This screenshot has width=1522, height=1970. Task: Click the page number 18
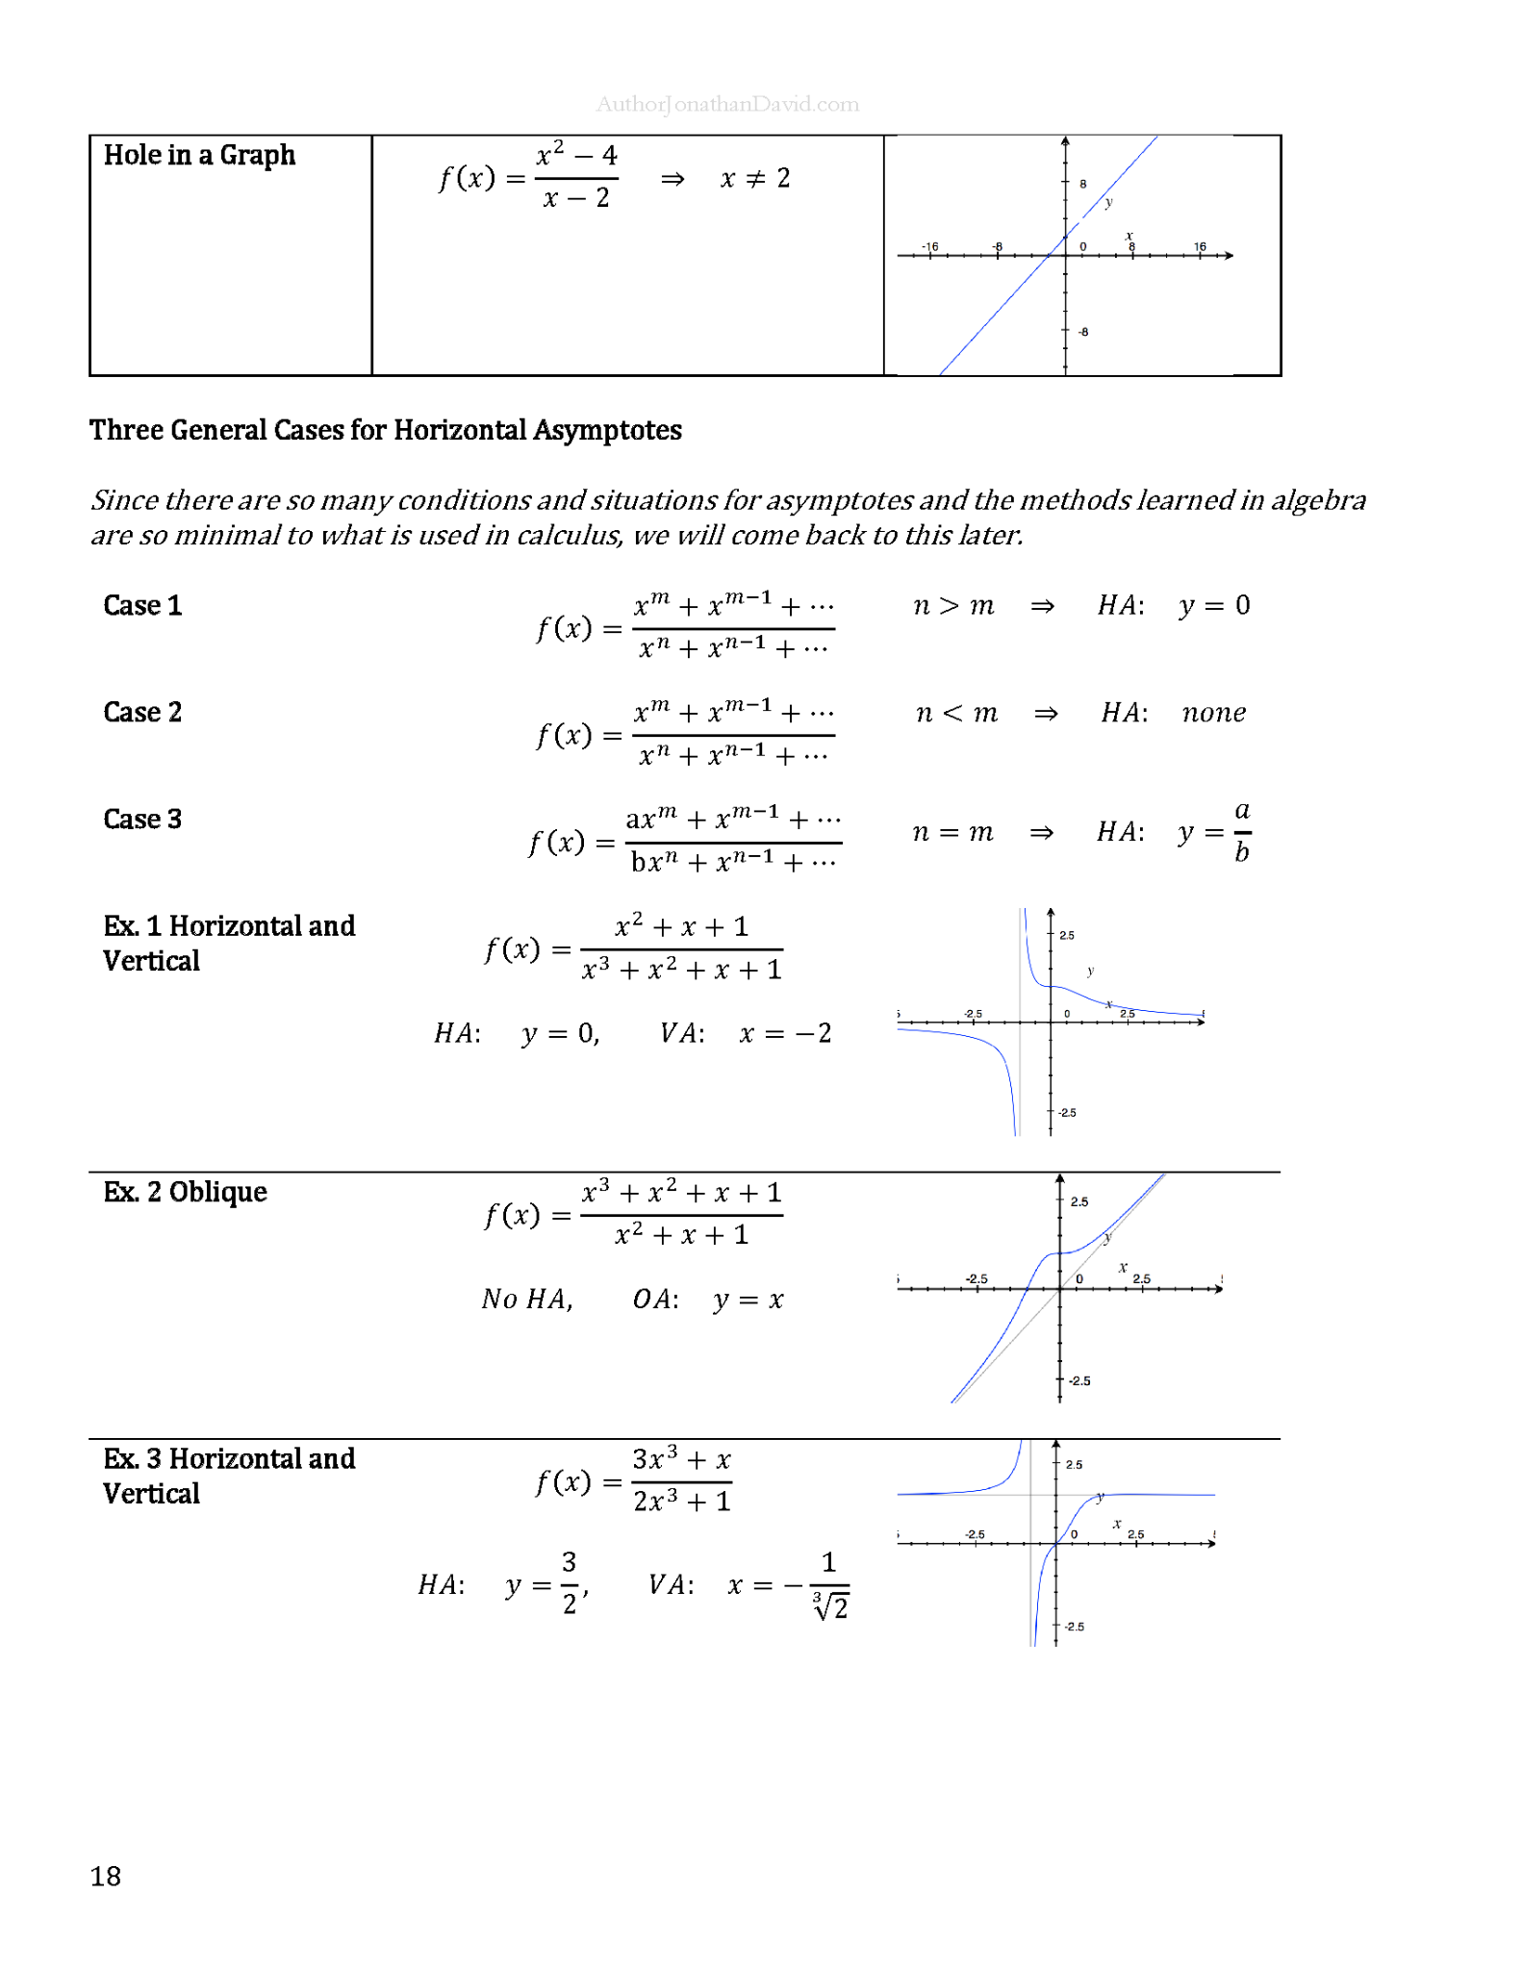coord(106,1876)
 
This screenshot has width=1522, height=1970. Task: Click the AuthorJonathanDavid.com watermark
coord(727,104)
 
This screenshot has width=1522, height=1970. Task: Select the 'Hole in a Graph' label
coord(199,155)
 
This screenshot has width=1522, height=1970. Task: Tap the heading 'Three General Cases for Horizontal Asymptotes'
coord(385,430)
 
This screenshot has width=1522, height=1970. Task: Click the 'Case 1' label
coord(142,605)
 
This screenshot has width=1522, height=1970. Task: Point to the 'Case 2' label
coord(142,712)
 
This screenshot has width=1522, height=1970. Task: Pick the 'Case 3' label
coord(142,819)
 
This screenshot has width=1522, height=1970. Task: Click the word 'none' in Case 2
coord(1213,713)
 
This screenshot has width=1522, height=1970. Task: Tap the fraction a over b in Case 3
coord(1242,831)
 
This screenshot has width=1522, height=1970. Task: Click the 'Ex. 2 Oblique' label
coord(185,1192)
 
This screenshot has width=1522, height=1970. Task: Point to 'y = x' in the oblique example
coord(748,1301)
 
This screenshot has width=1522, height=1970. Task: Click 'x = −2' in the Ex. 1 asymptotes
coord(785,1033)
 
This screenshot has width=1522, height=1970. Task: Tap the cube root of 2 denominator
coord(830,1606)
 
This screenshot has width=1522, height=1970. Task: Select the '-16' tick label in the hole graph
coord(929,247)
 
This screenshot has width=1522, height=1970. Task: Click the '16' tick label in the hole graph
coord(1200,247)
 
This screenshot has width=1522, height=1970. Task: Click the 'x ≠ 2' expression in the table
coord(755,178)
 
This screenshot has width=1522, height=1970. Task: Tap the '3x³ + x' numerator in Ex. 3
coord(681,1459)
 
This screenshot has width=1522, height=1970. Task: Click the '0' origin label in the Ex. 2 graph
coord(1079,1279)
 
